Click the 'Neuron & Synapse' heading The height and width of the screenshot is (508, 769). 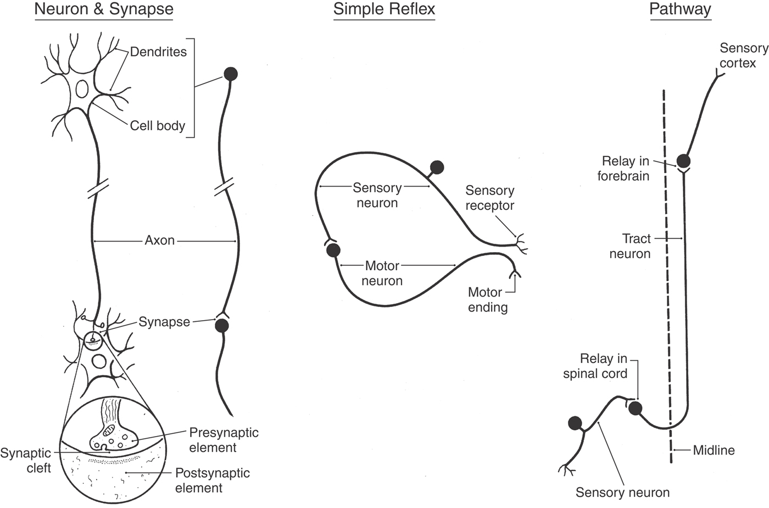click(104, 9)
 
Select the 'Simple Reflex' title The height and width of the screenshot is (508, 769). click(384, 9)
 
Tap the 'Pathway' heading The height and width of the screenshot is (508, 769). click(680, 10)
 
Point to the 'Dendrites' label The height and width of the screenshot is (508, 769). click(158, 52)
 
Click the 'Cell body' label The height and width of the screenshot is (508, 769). click(157, 126)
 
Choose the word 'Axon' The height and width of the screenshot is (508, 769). click(160, 241)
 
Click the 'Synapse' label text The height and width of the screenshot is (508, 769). click(164, 322)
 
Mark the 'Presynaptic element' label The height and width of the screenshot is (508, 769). click(224, 440)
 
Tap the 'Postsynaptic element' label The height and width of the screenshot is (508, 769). click(213, 480)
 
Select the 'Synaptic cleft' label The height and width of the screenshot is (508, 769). click(26, 460)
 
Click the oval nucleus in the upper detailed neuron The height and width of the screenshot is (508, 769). click(82, 89)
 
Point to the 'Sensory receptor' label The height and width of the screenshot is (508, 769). click(490, 198)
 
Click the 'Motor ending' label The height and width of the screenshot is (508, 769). click(488, 300)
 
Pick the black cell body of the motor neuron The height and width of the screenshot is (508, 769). click(333, 250)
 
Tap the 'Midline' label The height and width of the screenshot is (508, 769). click(714, 450)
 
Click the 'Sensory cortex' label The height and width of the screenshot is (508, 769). click(744, 55)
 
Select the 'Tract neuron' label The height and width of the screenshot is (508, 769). click(630, 246)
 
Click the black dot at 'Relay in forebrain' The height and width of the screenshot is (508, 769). click(683, 160)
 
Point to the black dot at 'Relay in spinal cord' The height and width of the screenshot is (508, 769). click(635, 408)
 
